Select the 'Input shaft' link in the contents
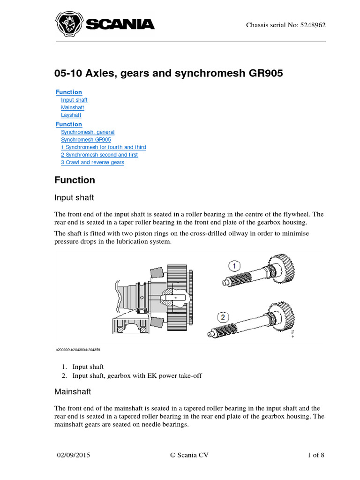tap(74, 100)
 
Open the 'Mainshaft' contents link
tap(73, 107)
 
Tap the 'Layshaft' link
tap(71, 115)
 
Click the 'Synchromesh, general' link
tap(88, 132)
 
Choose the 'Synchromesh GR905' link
tap(86, 140)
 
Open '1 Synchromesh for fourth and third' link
tap(104, 147)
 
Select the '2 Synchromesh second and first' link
tap(99, 155)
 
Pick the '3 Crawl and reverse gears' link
tap(92, 162)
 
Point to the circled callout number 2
tap(224, 317)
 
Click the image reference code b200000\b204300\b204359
tap(78, 350)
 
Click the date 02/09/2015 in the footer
tap(74, 455)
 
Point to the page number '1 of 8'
tap(315, 455)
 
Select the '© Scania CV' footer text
tap(190, 455)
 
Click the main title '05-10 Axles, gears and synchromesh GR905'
tap(169, 74)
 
